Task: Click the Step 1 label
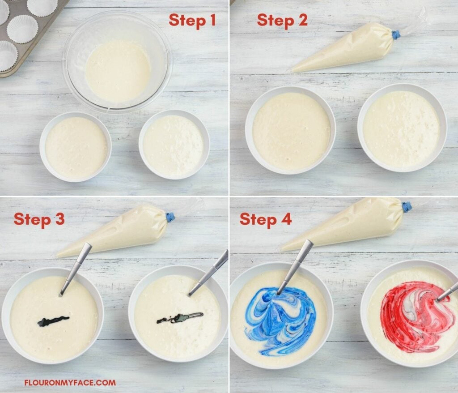[192, 20]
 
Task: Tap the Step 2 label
[282, 20]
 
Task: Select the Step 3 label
[39, 219]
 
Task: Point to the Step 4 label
[265, 219]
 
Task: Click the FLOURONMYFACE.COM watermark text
[70, 383]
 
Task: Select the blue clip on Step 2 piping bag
[395, 34]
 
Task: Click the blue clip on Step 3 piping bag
[170, 218]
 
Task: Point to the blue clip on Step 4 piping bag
[406, 207]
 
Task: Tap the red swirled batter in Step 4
[411, 316]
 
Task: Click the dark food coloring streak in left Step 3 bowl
[53, 321]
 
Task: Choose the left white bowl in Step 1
[76, 147]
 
